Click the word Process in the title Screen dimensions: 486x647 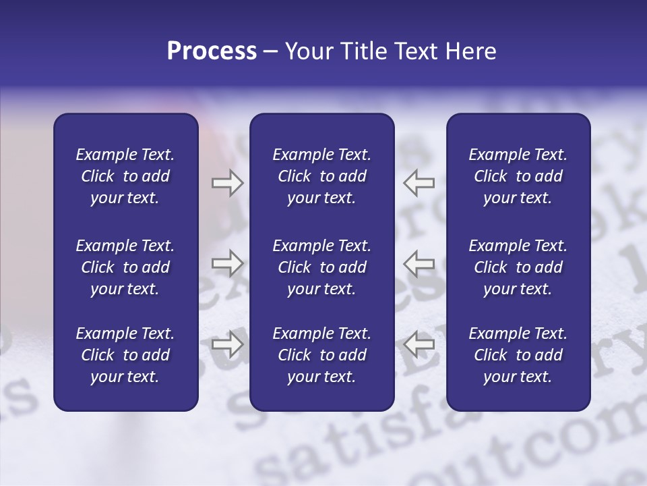(212, 51)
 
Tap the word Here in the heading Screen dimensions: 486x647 (472, 51)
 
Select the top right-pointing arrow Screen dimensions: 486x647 (227, 182)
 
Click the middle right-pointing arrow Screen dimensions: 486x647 (227, 263)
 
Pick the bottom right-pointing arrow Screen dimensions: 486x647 (227, 344)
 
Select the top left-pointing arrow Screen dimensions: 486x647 (419, 182)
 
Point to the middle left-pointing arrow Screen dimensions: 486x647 (419, 263)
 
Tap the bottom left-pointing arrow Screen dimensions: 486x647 (419, 344)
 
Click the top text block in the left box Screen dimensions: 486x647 (125, 176)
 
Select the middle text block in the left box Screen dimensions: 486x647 (125, 267)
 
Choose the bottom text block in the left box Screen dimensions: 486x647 (125, 355)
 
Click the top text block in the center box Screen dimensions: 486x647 (321, 176)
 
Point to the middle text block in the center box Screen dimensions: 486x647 (321, 267)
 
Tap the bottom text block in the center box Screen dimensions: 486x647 (321, 355)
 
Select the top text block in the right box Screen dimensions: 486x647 (518, 176)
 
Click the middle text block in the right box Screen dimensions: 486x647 (518, 267)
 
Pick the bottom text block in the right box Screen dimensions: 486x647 (518, 355)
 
